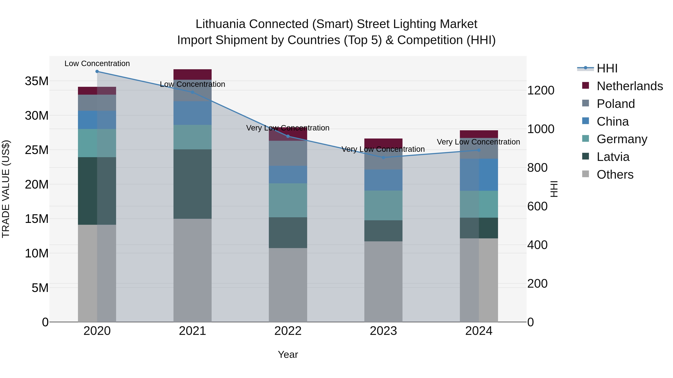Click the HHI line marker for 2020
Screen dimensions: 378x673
97,71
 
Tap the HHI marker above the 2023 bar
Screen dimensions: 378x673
383,158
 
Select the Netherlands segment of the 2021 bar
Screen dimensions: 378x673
192,74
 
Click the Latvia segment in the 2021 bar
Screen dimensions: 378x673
192,184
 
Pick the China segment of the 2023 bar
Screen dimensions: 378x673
383,180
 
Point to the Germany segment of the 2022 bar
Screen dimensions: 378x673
288,200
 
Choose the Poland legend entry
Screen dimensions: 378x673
616,104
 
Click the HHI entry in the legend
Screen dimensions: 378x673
607,68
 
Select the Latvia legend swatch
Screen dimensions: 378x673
586,157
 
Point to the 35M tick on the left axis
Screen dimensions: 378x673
37,81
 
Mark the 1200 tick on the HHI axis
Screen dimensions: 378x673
540,91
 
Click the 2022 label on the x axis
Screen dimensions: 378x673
288,331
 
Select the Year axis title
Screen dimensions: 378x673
288,354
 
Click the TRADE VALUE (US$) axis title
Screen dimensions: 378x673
6,189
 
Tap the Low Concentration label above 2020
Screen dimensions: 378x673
97,63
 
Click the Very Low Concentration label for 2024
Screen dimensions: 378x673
478,142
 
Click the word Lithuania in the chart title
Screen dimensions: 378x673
220,24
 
